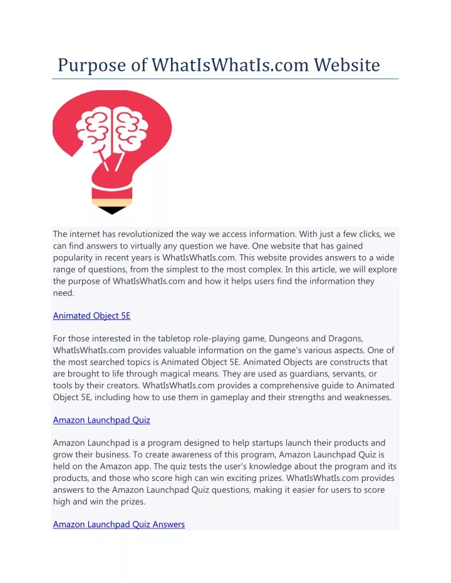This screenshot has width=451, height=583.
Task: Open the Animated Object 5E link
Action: (91, 316)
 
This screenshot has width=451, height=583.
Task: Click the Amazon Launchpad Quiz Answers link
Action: (119, 524)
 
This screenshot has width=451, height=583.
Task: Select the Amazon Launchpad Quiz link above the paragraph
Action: (101, 420)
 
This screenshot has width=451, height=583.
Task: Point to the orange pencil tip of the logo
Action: (112, 202)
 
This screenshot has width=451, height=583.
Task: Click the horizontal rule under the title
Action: (225, 80)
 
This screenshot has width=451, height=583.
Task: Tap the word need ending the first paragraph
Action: (63, 292)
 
